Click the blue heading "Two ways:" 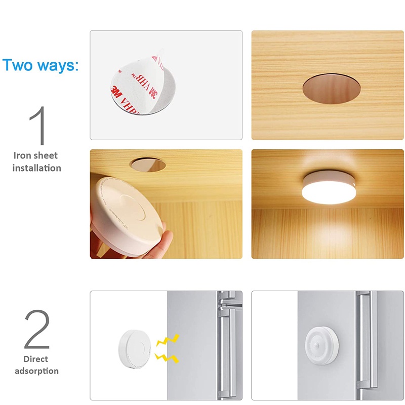click(40, 65)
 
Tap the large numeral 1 click(38, 126)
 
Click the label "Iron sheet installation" click(36, 161)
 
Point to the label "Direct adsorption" click(36, 364)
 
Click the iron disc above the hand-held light click(147, 164)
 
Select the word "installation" click(36, 168)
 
